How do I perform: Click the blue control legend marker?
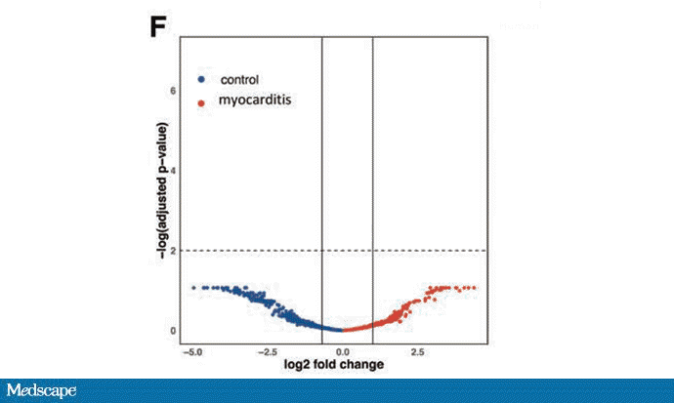[201, 79]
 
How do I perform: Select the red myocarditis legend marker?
[201, 101]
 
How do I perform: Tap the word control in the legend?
[240, 79]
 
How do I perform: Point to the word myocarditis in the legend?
[256, 101]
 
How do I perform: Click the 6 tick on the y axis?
[173, 90]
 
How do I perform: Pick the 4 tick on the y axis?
[173, 170]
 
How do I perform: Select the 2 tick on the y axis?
[173, 251]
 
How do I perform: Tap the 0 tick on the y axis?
[173, 331]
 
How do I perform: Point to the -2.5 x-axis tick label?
[268, 349]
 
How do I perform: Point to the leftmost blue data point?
[193, 288]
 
